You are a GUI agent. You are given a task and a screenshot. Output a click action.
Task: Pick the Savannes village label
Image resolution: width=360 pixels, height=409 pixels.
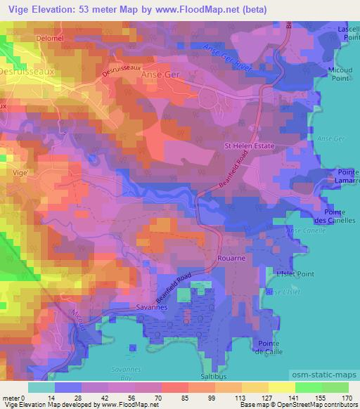tap(149, 308)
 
